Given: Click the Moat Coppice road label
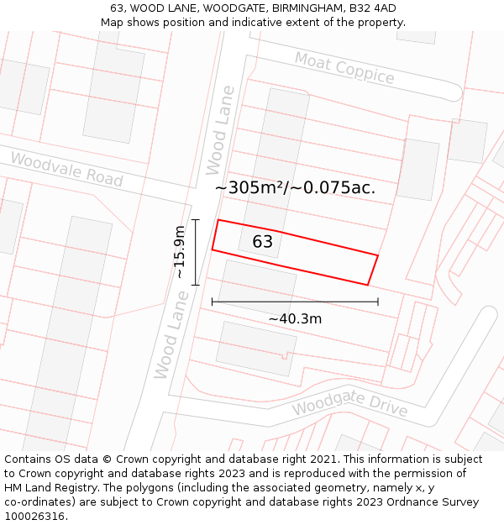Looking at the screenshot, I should [x=344, y=68].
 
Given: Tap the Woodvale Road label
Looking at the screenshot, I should [x=66, y=170].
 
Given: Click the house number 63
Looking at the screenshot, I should [x=262, y=242].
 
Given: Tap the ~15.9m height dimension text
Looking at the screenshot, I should [x=180, y=252].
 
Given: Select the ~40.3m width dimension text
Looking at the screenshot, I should [x=295, y=318].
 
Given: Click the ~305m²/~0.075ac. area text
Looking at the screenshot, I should [x=295, y=188].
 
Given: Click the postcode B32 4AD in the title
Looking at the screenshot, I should [x=371, y=8].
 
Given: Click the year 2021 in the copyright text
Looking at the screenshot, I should [x=324, y=459].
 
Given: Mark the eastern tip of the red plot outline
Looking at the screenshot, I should [x=378, y=255].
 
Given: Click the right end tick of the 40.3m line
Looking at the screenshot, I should [x=378, y=301].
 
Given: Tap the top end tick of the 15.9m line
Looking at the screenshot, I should [x=195, y=220].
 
